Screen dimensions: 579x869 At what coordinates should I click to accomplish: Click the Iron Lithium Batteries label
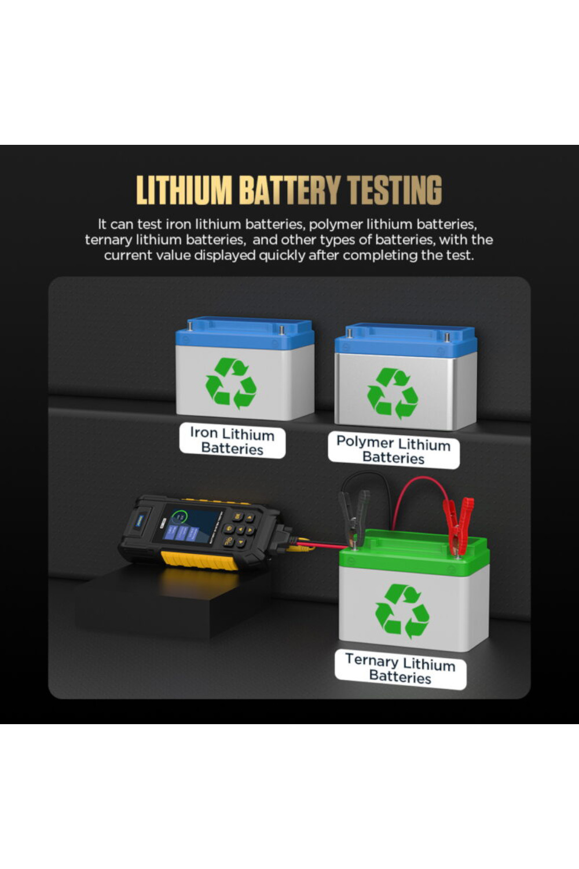point(232,441)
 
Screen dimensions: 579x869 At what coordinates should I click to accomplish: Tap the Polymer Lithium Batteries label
point(394,450)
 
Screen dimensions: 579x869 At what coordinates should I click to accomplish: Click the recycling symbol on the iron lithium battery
point(231,383)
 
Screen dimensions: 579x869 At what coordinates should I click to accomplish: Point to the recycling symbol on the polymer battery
point(393,393)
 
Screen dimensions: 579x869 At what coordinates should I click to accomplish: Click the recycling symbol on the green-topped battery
point(402,611)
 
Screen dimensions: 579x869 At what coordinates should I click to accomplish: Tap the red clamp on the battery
point(458,525)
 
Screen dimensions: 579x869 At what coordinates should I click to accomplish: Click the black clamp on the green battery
point(354,518)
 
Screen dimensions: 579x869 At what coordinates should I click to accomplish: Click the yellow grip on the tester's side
point(199,560)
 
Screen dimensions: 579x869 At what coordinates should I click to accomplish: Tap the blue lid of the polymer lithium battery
point(406,340)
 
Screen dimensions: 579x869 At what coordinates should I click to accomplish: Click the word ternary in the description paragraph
point(108,240)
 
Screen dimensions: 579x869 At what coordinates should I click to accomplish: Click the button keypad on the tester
point(239,529)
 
